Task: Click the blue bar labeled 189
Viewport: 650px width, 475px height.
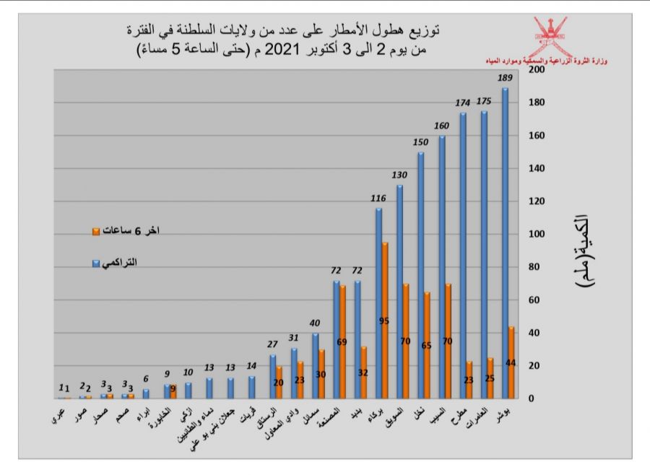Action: coord(505,243)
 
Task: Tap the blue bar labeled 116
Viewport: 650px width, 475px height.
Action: coord(378,303)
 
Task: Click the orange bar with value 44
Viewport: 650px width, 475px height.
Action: coord(511,362)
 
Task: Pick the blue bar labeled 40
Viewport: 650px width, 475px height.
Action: coord(316,365)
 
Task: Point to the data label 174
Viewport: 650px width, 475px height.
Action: coord(463,103)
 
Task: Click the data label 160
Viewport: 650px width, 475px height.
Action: coord(442,126)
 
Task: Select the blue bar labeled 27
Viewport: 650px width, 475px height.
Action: coord(273,376)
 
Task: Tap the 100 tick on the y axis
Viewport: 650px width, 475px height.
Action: coord(537,234)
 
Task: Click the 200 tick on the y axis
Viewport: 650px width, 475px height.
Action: coord(537,70)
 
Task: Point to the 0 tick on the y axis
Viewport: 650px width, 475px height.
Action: coord(532,398)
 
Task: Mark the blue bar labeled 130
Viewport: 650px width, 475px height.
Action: coord(399,292)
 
